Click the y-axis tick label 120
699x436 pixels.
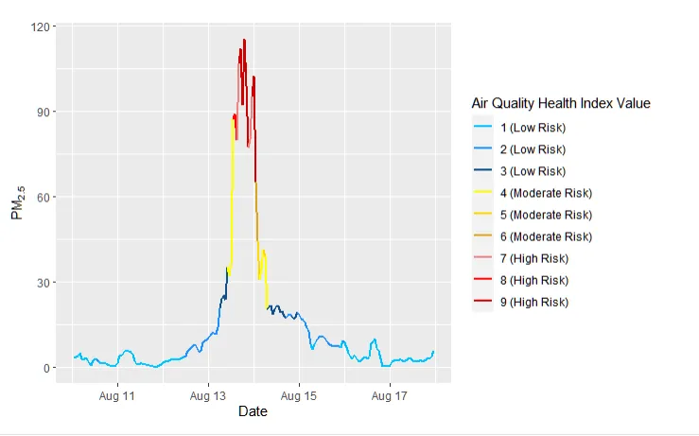[x=42, y=26]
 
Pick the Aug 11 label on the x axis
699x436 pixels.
[x=117, y=395]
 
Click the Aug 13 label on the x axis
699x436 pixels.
[x=208, y=395]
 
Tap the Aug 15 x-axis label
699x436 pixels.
[x=299, y=395]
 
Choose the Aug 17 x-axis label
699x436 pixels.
[x=390, y=395]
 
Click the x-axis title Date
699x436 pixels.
[x=253, y=412]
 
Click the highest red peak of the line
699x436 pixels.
[x=244, y=41]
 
